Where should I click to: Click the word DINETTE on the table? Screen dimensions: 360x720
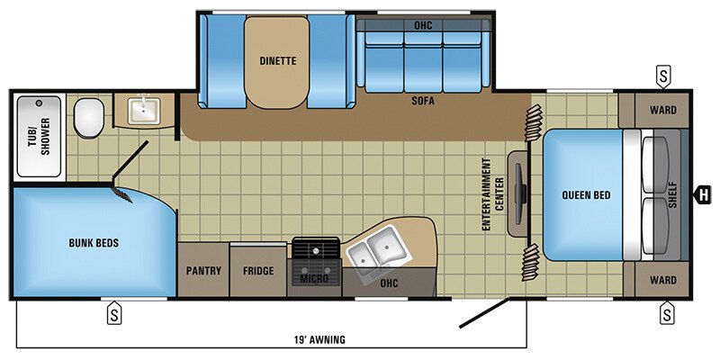pos(277,61)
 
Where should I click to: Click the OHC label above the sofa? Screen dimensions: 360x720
pos(423,24)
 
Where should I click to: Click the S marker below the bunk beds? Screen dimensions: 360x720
pos(114,313)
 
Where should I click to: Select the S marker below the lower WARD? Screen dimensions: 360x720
pos(666,313)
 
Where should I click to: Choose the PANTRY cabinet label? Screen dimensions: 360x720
pos(203,270)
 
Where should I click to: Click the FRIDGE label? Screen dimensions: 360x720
pos(258,270)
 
